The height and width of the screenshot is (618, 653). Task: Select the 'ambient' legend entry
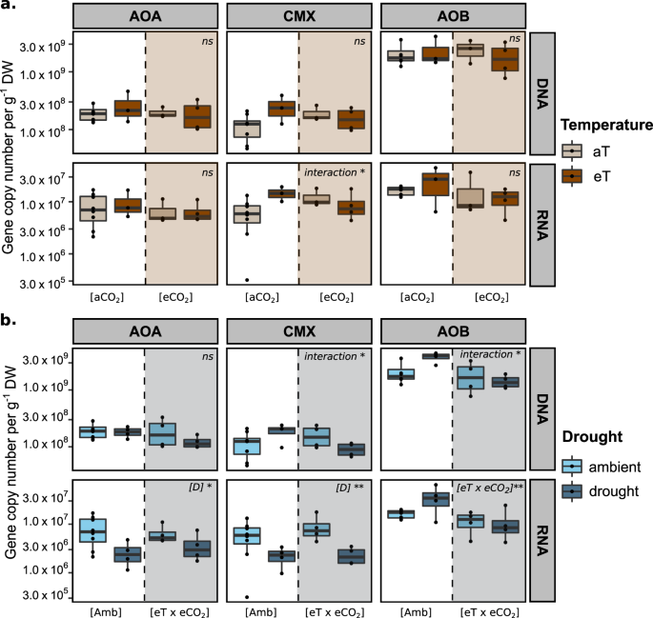pyautogui.click(x=610, y=468)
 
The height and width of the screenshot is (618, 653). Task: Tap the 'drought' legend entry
pyautogui.click(x=610, y=491)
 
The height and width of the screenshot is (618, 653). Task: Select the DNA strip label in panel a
pyautogui.click(x=543, y=91)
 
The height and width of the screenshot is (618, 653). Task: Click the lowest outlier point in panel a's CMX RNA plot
pyautogui.click(x=247, y=279)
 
